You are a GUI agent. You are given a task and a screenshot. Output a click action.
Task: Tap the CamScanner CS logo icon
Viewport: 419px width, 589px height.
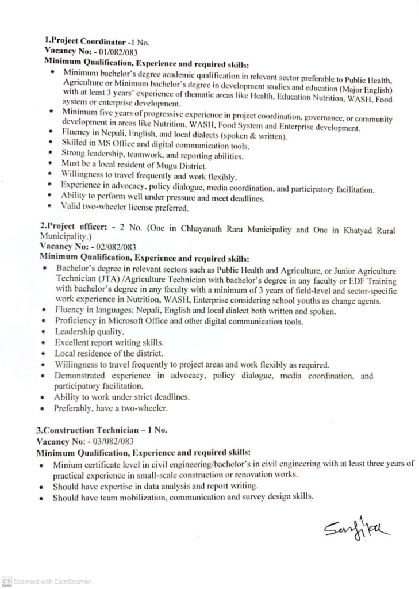click(x=6, y=581)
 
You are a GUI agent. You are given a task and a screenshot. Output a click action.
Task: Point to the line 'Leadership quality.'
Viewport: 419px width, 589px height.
click(x=89, y=332)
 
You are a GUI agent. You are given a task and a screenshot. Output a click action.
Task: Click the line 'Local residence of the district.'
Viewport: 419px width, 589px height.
click(x=109, y=353)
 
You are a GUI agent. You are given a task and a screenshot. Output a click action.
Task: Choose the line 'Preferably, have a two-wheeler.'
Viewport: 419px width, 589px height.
click(x=111, y=408)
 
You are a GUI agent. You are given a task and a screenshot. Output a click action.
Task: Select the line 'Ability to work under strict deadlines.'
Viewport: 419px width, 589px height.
click(x=122, y=397)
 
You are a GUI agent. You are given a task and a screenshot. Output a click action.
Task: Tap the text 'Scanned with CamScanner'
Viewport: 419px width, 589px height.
click(x=52, y=581)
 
